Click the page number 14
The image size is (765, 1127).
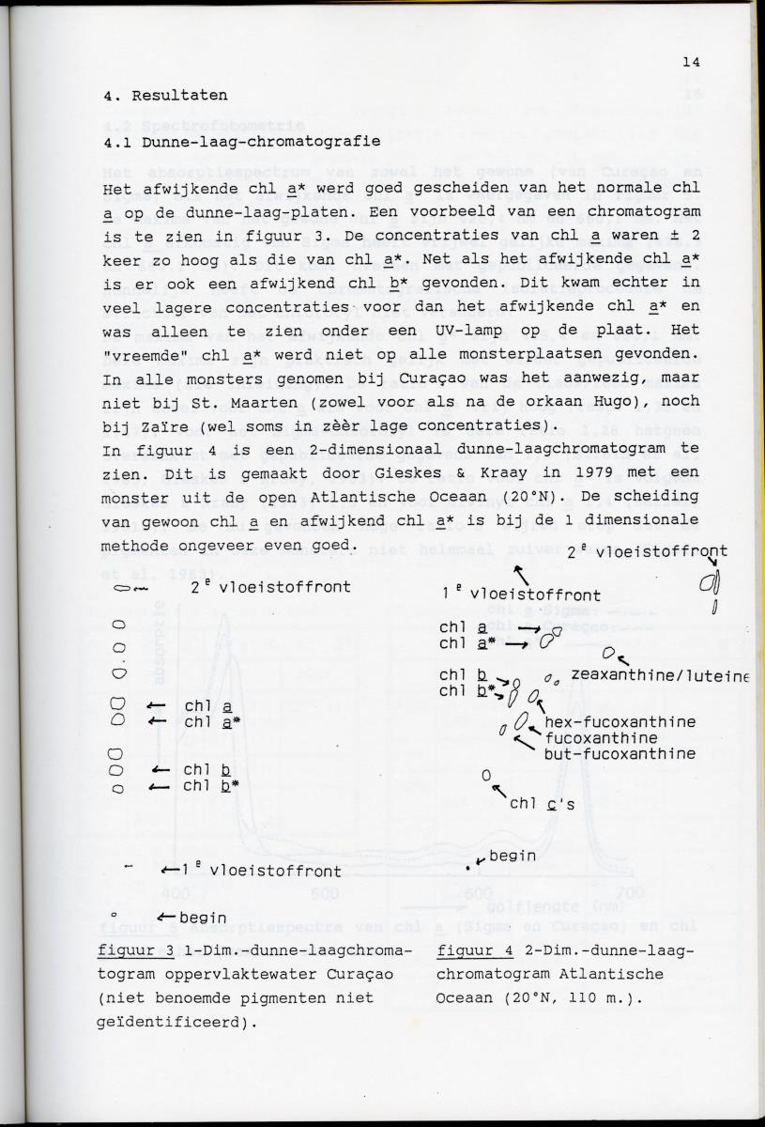(x=692, y=63)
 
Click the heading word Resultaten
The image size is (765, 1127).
(x=179, y=96)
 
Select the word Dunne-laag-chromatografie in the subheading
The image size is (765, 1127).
(x=261, y=142)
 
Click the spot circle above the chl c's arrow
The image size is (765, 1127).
(x=486, y=776)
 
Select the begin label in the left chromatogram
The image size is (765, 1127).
(x=203, y=917)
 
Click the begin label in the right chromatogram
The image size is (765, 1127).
(x=513, y=856)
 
